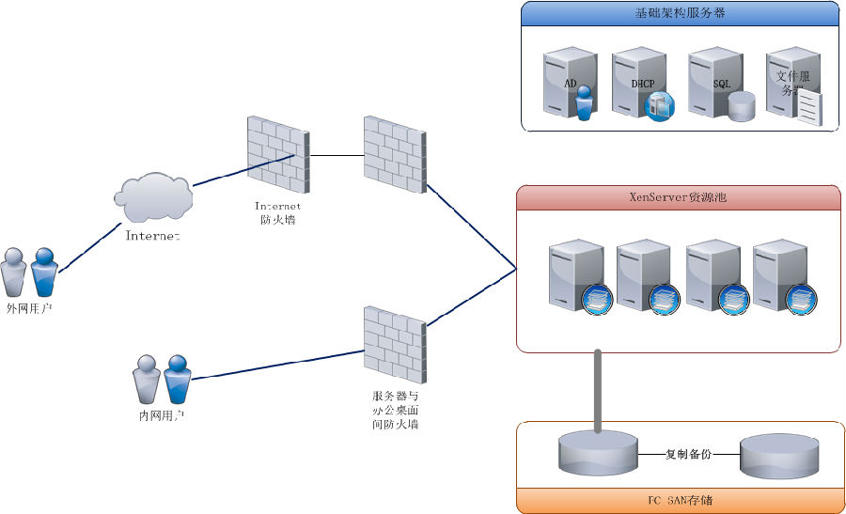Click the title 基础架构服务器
click(x=680, y=13)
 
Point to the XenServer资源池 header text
click(x=678, y=197)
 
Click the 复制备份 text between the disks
click(x=688, y=454)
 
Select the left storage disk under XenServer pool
click(x=598, y=454)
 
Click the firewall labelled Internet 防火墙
click(x=274, y=151)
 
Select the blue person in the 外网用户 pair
click(x=44, y=273)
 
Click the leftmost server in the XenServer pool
click(x=576, y=274)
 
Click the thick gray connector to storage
click(x=597, y=390)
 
